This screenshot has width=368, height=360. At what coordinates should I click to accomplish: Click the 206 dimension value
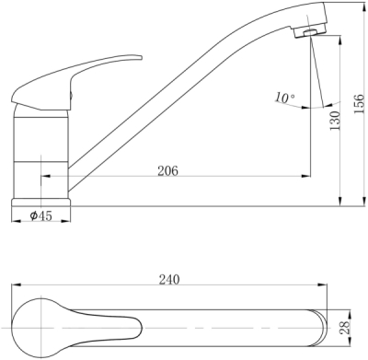[x=167, y=170]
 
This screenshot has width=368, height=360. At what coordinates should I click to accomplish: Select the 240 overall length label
[x=169, y=279]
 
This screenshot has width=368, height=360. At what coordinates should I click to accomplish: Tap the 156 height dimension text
[x=360, y=104]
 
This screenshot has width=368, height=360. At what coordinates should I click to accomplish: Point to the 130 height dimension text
[x=335, y=121]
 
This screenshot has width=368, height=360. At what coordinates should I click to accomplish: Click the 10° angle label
[x=284, y=98]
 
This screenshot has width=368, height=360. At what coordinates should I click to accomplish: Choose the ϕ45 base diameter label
[x=40, y=215]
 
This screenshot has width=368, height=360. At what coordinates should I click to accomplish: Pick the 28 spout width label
[x=345, y=328]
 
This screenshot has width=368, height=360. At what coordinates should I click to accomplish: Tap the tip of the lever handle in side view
[x=142, y=57]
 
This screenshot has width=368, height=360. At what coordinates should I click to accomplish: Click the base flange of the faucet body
[x=40, y=203]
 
